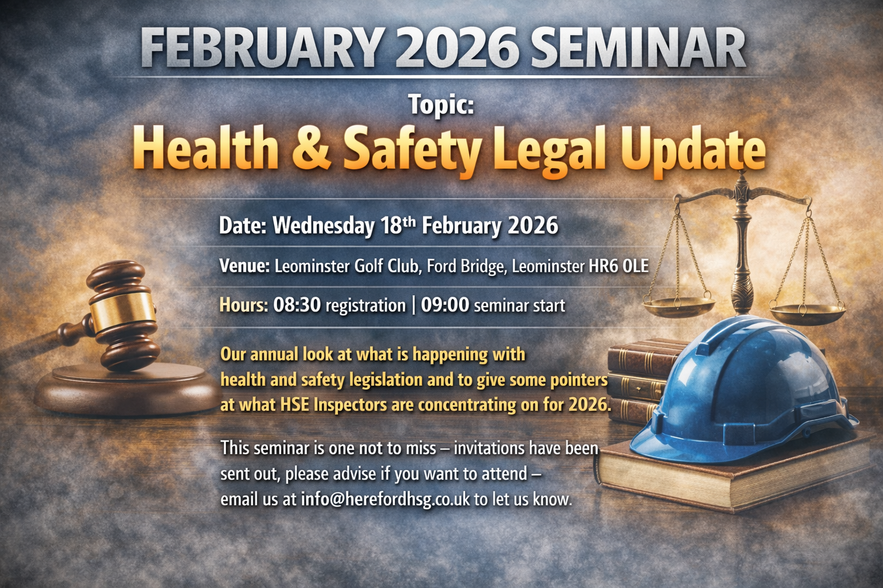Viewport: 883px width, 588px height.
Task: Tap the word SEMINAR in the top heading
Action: (x=638, y=48)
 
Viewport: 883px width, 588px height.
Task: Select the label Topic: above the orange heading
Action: (x=441, y=105)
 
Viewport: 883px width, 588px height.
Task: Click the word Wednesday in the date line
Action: (x=323, y=226)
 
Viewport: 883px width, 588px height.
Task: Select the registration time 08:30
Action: (x=297, y=305)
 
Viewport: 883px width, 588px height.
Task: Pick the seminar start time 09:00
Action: (x=445, y=305)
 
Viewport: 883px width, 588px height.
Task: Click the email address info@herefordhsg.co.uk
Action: (x=385, y=500)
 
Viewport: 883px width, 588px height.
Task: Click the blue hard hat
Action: (x=742, y=390)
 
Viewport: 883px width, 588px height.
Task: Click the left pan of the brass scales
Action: (x=678, y=305)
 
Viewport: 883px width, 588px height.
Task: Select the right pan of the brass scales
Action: (x=807, y=313)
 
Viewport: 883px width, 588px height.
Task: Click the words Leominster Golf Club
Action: (x=347, y=266)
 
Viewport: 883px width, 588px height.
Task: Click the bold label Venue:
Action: (x=244, y=266)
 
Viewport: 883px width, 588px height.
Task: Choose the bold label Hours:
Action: (x=244, y=305)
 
